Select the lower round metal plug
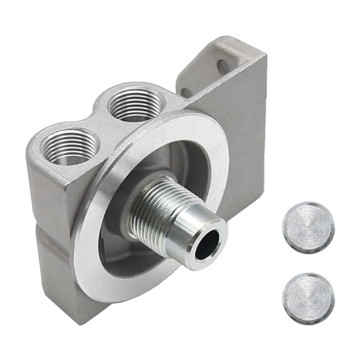(308, 297)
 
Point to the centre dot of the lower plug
(308, 297)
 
